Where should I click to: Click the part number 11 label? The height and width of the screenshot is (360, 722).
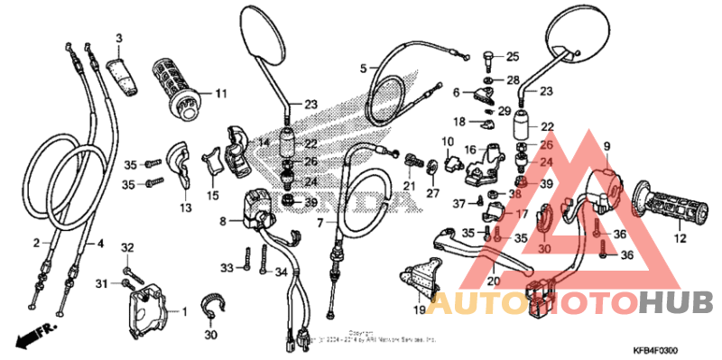point(221,93)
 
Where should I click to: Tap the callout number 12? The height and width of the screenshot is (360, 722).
point(680,239)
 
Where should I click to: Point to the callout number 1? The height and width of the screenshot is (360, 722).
point(184,312)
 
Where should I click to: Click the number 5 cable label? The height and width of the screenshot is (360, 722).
point(363,68)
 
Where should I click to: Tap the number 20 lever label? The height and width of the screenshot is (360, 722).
point(493,282)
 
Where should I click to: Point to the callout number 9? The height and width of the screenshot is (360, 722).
point(606,146)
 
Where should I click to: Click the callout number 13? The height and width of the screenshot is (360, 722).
point(185,208)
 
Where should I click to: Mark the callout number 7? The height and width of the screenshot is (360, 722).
point(319,222)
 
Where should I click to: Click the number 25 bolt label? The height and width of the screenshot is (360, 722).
point(513,56)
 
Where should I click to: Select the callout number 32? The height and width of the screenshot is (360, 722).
point(127,247)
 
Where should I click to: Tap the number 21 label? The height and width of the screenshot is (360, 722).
point(409,186)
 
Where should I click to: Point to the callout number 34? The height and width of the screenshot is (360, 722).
point(282,272)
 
